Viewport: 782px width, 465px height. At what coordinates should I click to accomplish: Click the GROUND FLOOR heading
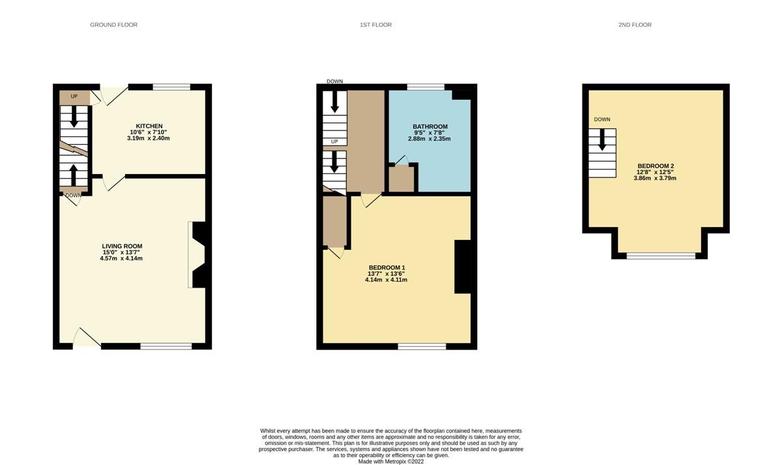tap(113, 25)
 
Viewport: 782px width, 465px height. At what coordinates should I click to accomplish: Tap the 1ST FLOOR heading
tap(375, 25)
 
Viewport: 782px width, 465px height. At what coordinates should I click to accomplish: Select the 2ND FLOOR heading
tap(635, 25)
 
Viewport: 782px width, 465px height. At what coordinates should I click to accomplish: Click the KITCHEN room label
tap(149, 126)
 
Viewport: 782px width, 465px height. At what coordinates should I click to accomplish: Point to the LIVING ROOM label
tap(117, 246)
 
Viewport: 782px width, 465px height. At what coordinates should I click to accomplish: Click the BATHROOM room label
tap(430, 126)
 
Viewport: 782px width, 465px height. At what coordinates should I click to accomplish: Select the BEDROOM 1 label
tap(387, 267)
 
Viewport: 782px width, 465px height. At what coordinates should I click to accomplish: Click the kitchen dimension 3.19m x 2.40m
tap(149, 138)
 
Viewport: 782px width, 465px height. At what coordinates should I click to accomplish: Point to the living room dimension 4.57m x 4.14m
tap(117, 258)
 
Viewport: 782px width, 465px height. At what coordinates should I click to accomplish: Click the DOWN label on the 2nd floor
tap(602, 119)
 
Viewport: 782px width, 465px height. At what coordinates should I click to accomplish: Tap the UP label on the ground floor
tap(74, 97)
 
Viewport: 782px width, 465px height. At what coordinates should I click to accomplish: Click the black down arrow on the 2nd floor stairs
tap(602, 139)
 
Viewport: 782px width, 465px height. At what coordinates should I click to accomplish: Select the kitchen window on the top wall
tap(171, 87)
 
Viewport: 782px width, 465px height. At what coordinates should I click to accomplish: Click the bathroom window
tap(426, 87)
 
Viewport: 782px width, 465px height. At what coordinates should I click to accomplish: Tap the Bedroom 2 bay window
tap(661, 256)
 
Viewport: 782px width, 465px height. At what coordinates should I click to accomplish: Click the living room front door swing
tap(85, 337)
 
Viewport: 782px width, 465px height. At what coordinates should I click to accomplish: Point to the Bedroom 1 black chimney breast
tap(462, 267)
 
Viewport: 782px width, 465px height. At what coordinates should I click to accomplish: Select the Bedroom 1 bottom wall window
tap(422, 346)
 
